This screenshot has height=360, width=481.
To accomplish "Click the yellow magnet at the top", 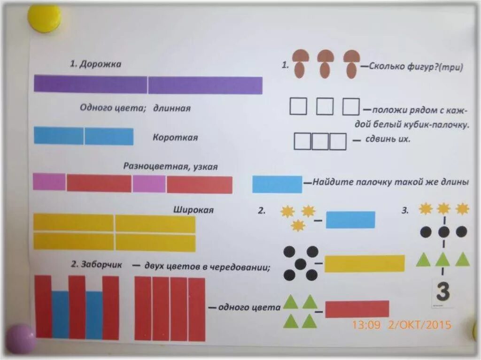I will [x=44, y=18].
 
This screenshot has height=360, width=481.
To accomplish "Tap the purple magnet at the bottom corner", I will [x=20, y=338].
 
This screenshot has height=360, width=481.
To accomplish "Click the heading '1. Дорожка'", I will [x=95, y=64].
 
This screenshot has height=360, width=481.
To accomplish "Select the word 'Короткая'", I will [x=175, y=138].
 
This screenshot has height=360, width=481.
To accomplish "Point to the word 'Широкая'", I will [x=194, y=210].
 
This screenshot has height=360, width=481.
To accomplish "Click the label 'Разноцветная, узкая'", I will [x=171, y=166].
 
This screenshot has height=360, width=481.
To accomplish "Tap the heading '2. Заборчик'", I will [x=97, y=265].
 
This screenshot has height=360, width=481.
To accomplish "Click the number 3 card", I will [x=442, y=292].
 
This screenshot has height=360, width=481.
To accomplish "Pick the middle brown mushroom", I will [x=325, y=63].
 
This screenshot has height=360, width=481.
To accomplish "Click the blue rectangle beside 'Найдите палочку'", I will [x=277, y=184].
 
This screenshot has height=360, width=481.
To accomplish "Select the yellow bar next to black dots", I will [x=364, y=263].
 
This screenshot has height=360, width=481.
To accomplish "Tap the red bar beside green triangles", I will [x=357, y=309].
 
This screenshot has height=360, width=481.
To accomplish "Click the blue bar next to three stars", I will [x=350, y=220].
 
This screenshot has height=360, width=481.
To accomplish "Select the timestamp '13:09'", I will [x=366, y=325].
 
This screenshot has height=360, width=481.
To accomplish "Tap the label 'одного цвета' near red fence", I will [x=249, y=307].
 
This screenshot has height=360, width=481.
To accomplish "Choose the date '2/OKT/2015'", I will [x=420, y=325].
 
